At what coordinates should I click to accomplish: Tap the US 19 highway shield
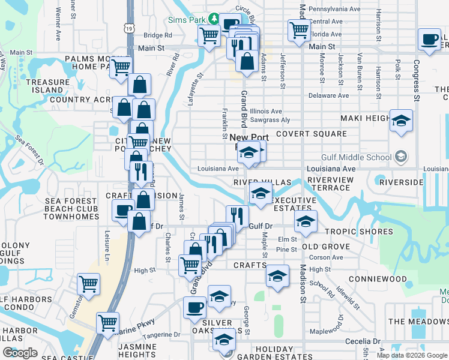click(x=130, y=28)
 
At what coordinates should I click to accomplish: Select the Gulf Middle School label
click(x=363, y=158)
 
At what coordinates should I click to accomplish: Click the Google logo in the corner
click(x=20, y=353)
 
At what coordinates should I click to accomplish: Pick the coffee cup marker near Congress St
click(x=429, y=39)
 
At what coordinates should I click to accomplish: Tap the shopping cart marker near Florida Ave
click(x=298, y=30)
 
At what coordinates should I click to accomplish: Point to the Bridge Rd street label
click(x=157, y=35)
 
